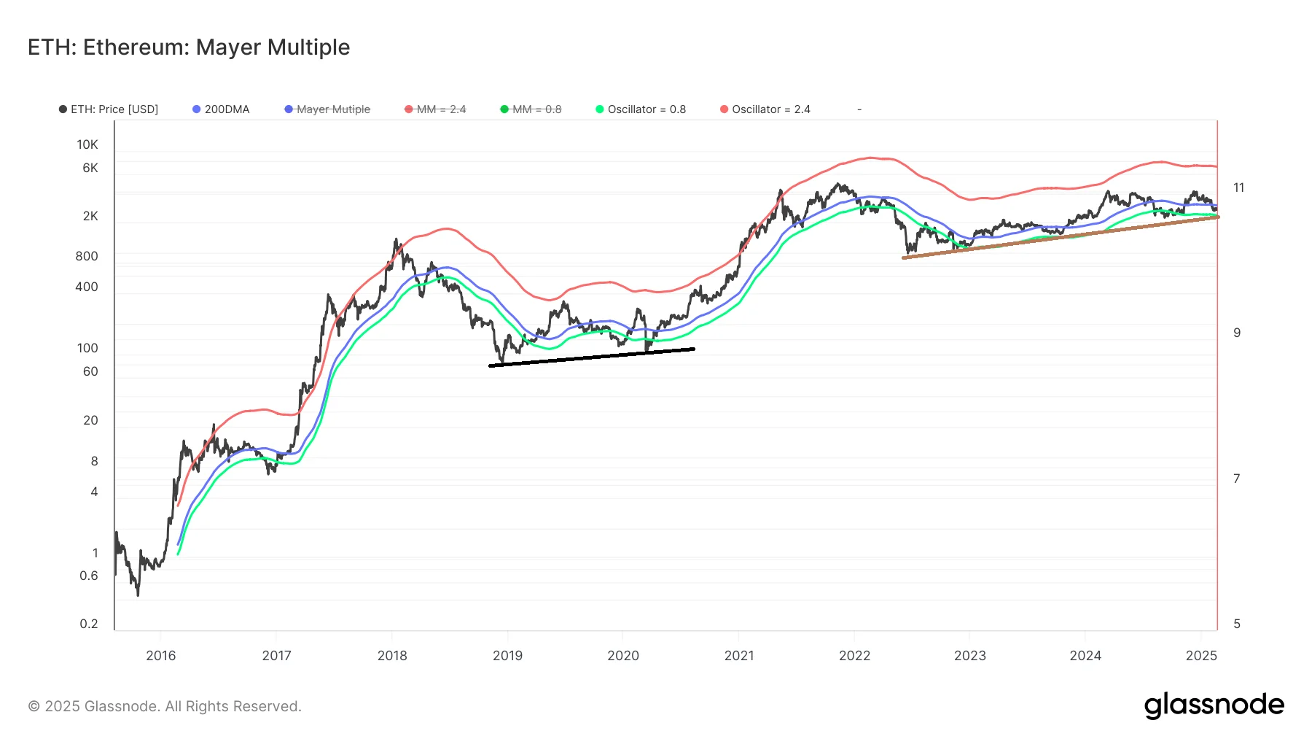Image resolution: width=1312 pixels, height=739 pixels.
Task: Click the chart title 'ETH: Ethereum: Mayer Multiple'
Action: pyautogui.click(x=189, y=47)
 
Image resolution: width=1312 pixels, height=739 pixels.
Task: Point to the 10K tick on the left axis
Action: pyautogui.click(x=87, y=144)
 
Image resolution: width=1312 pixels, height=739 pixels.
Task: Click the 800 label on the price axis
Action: pyautogui.click(x=87, y=256)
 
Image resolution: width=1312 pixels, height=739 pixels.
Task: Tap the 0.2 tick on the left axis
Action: pyautogui.click(x=89, y=624)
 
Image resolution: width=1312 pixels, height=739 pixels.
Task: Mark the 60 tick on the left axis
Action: pyautogui.click(x=90, y=371)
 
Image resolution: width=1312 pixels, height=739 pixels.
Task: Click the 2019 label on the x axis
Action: pyautogui.click(x=507, y=655)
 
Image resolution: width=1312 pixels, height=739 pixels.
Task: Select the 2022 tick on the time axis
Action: pyautogui.click(x=854, y=655)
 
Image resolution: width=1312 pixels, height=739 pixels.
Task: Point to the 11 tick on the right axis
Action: pyautogui.click(x=1238, y=187)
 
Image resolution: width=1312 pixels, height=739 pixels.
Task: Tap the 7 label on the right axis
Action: pyautogui.click(x=1236, y=479)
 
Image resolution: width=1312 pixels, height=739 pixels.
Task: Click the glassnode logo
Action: pyautogui.click(x=1214, y=705)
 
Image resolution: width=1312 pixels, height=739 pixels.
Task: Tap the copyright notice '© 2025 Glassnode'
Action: pyautogui.click(x=165, y=706)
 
